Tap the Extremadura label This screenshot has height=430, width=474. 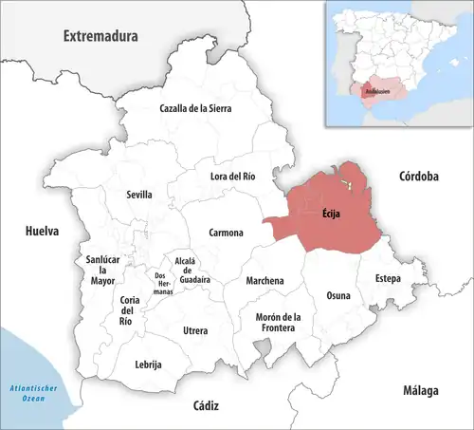pyautogui.click(x=100, y=36)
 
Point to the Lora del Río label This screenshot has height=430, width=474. pyautogui.click(x=232, y=176)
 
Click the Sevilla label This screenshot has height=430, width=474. pyautogui.click(x=139, y=195)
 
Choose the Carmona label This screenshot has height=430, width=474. pyautogui.click(x=226, y=233)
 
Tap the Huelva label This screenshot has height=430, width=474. pyautogui.click(x=41, y=231)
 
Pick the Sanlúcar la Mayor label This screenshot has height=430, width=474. pyautogui.click(x=102, y=271)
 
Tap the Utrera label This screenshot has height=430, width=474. pyautogui.click(x=194, y=330)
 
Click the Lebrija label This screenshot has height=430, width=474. pyautogui.click(x=149, y=365)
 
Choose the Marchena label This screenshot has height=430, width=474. pyautogui.click(x=264, y=281)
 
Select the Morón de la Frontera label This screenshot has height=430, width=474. pyautogui.click(x=277, y=322)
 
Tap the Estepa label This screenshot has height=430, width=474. pyautogui.click(x=387, y=279)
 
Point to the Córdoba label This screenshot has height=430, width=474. pyautogui.click(x=417, y=177)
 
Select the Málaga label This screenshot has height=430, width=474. pyautogui.click(x=417, y=391)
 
